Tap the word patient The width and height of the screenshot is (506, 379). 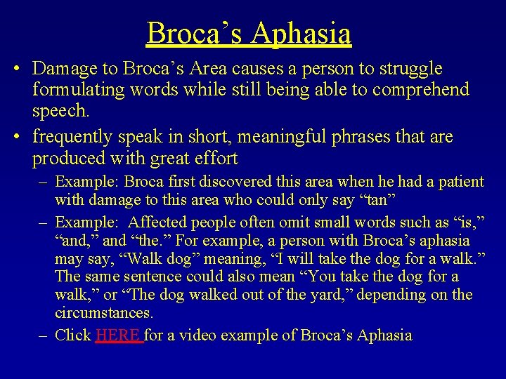458,182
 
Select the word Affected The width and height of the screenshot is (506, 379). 163,222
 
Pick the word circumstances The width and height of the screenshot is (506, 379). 103,312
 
